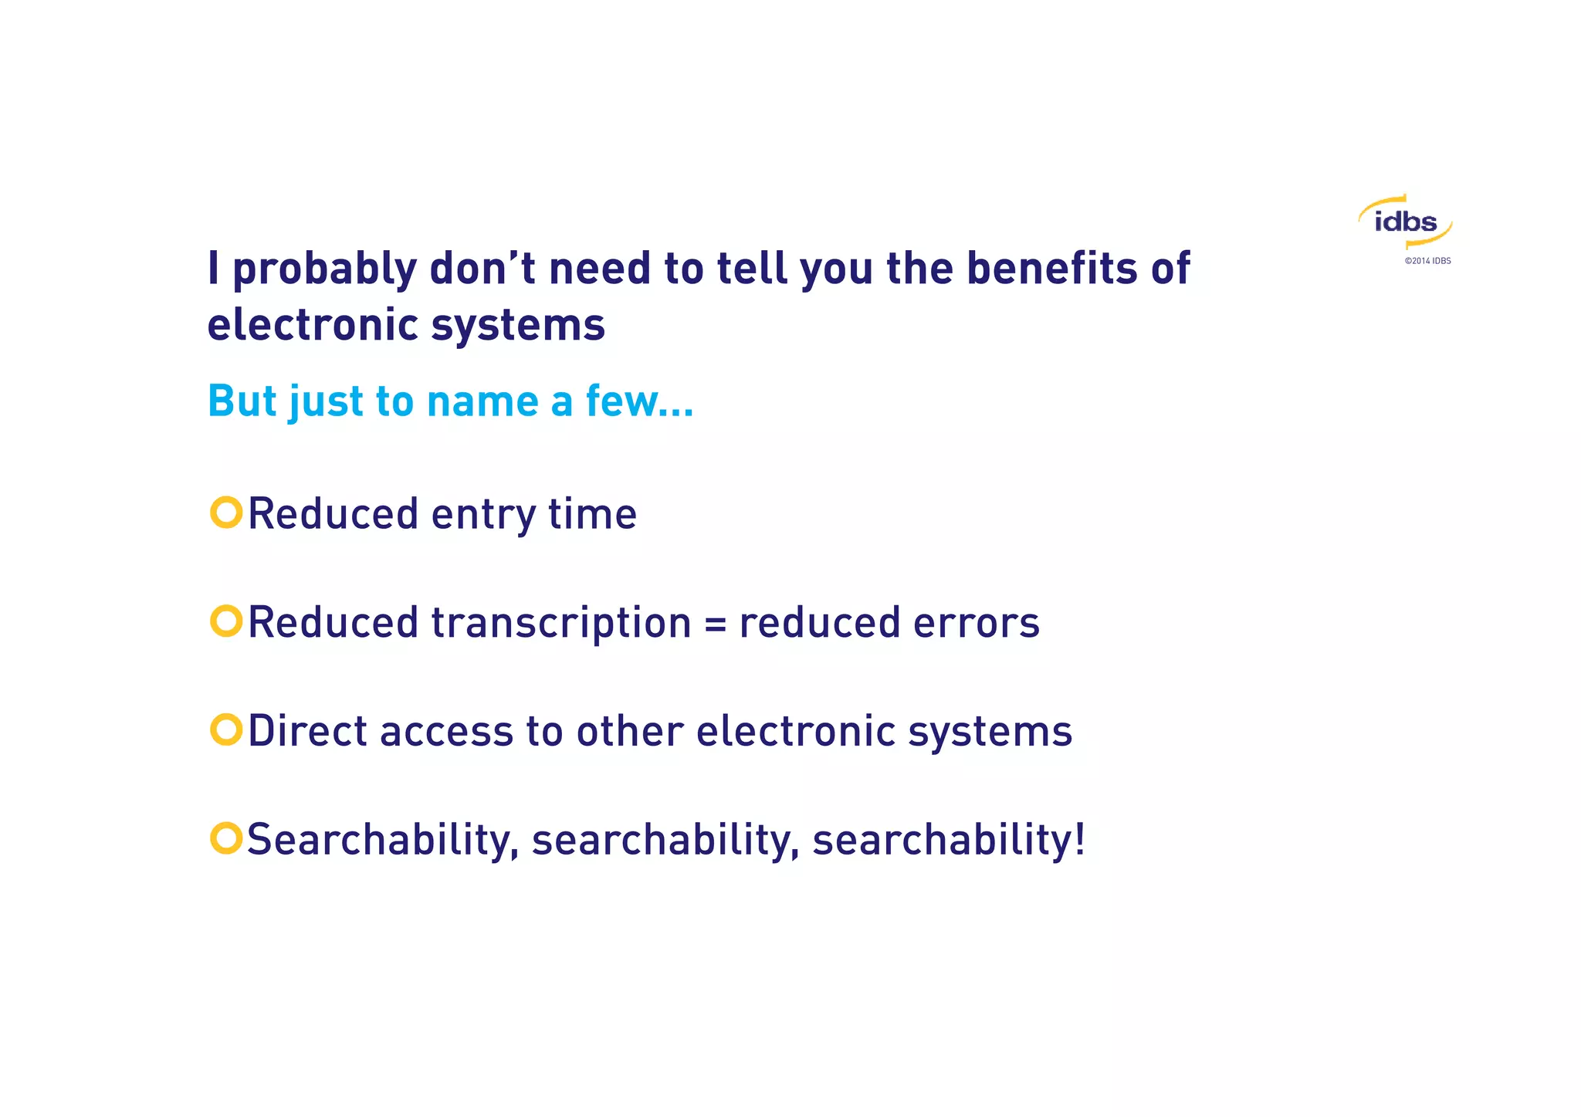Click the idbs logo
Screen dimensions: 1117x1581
click(1405, 222)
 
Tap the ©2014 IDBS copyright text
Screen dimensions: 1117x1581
click(1427, 261)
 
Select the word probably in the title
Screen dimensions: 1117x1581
click(324, 270)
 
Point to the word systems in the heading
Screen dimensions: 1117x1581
click(518, 325)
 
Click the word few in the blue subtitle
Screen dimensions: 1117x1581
click(622, 401)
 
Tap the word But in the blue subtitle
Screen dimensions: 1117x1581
click(242, 401)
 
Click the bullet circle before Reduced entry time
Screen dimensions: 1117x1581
click(226, 513)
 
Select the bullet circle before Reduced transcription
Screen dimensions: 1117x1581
click(226, 621)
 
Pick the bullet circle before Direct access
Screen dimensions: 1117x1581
click(226, 729)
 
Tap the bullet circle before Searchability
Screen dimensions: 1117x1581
click(226, 838)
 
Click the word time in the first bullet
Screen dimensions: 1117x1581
click(592, 514)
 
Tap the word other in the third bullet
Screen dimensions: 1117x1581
click(629, 731)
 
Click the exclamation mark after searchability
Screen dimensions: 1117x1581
click(1079, 839)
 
